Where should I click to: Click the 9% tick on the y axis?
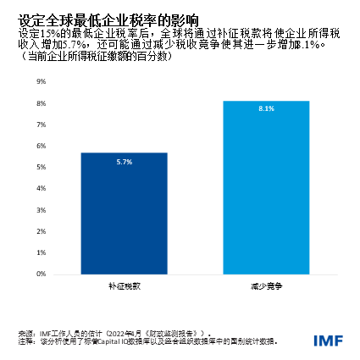click(41, 81)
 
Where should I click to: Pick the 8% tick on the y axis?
click(41, 102)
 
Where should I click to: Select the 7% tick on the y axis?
click(41, 124)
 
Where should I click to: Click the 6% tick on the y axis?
click(41, 145)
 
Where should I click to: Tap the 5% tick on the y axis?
click(41, 166)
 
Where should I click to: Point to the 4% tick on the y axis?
click(41, 187)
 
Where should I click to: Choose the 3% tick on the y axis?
click(41, 208)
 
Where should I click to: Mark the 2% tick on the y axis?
click(41, 230)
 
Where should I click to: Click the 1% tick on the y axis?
click(41, 251)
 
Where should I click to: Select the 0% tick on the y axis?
click(41, 272)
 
